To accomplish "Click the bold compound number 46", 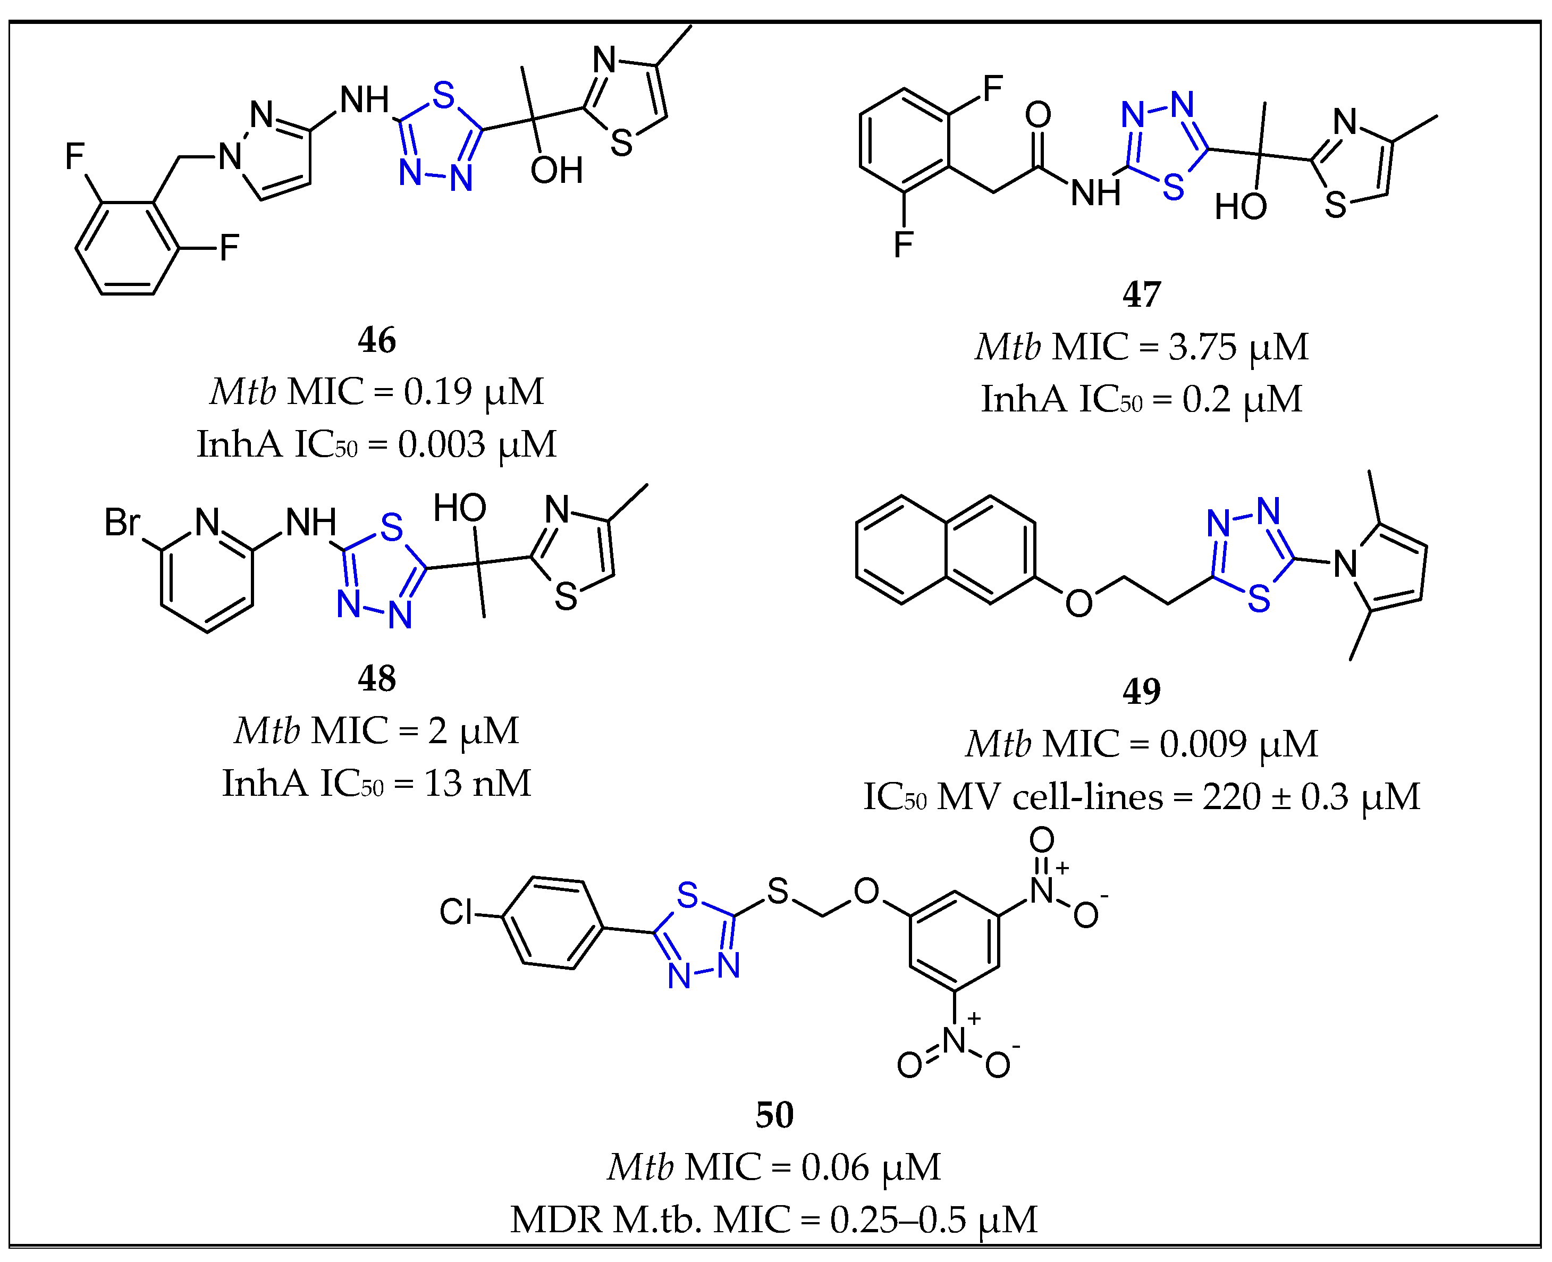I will point(376,340).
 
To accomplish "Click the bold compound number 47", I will point(1141,295).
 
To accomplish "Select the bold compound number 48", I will point(376,678).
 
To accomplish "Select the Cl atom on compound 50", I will point(456,911).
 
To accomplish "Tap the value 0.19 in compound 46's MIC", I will point(437,392).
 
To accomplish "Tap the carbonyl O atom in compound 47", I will point(1038,115).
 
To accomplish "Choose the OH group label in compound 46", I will point(556,171).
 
